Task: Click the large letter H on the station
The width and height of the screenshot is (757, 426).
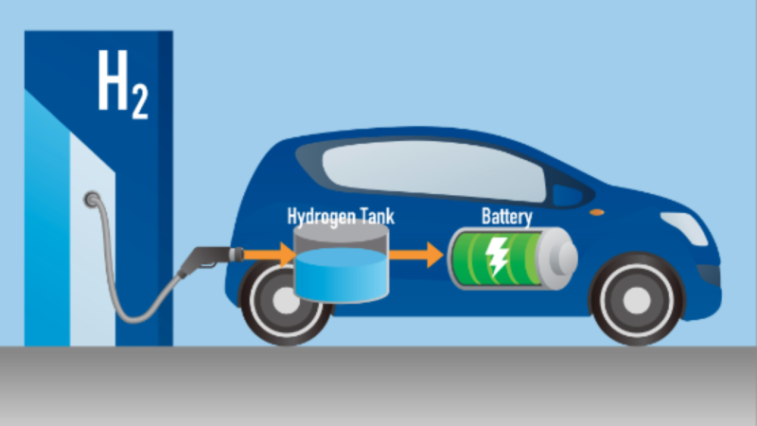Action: tap(113, 80)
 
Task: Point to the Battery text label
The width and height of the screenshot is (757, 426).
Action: tap(507, 217)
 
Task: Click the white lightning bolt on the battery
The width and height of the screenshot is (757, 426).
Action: tap(497, 256)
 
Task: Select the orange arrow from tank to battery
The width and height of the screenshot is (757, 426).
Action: tap(416, 255)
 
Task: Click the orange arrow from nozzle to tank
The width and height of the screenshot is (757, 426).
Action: tap(270, 255)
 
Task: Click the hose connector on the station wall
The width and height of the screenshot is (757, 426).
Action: tap(92, 200)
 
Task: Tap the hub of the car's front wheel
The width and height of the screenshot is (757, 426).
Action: tap(636, 299)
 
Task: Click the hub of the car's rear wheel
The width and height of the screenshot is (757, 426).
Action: tap(285, 299)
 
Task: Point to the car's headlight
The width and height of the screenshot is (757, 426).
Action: tap(684, 228)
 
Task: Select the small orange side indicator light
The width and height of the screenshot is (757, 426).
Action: tap(597, 212)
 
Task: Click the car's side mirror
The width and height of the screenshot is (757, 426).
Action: tap(568, 196)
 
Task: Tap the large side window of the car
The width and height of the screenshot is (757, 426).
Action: tap(433, 170)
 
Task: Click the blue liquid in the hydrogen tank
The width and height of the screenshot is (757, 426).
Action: tap(342, 275)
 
